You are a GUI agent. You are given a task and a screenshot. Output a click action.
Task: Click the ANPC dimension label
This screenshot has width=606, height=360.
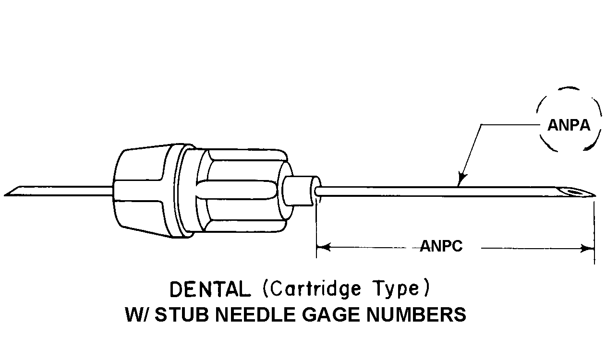(x=441, y=247)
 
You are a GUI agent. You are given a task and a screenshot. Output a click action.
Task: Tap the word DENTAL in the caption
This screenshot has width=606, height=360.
(x=210, y=289)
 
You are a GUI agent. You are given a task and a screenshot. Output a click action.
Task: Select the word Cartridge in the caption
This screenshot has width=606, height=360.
(x=312, y=289)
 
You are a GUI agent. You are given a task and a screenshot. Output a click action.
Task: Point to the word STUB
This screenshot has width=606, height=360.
(x=185, y=315)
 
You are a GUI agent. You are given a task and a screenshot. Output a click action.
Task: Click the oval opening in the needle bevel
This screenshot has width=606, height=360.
(x=574, y=193)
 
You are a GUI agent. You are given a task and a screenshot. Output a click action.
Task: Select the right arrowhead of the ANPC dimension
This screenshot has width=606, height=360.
(x=587, y=248)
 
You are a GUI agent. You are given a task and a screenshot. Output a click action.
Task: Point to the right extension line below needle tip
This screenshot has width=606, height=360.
(x=594, y=230)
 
